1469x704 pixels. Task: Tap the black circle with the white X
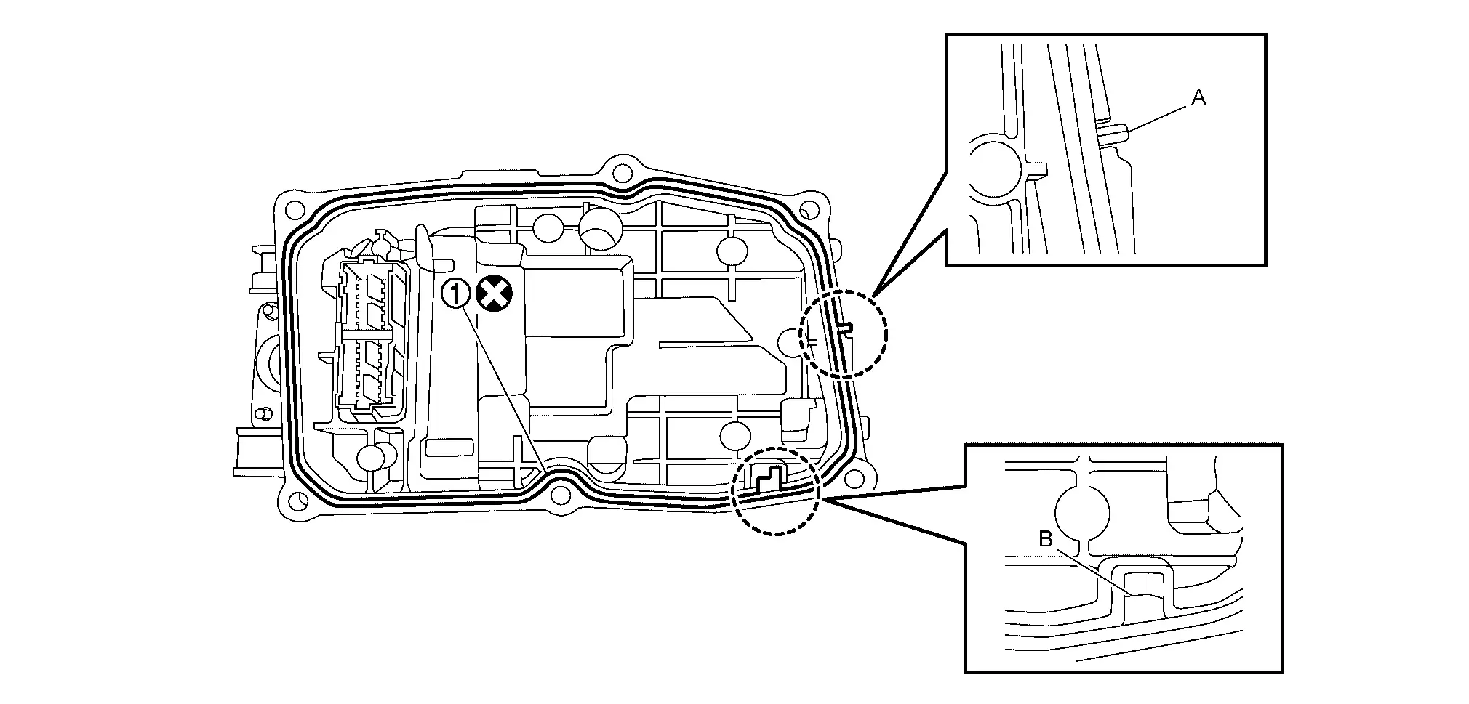click(495, 294)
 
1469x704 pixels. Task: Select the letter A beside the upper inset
click(1198, 98)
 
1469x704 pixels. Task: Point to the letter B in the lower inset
click(1046, 539)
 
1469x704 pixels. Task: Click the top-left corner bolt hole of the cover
click(294, 210)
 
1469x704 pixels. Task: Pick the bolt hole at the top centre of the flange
click(620, 172)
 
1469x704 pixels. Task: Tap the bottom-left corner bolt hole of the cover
click(296, 499)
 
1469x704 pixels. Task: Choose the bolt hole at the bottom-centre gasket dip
click(559, 495)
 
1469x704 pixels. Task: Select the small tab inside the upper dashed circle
click(846, 328)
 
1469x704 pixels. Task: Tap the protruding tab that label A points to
click(1113, 133)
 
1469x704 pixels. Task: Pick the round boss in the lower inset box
click(1082, 513)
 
